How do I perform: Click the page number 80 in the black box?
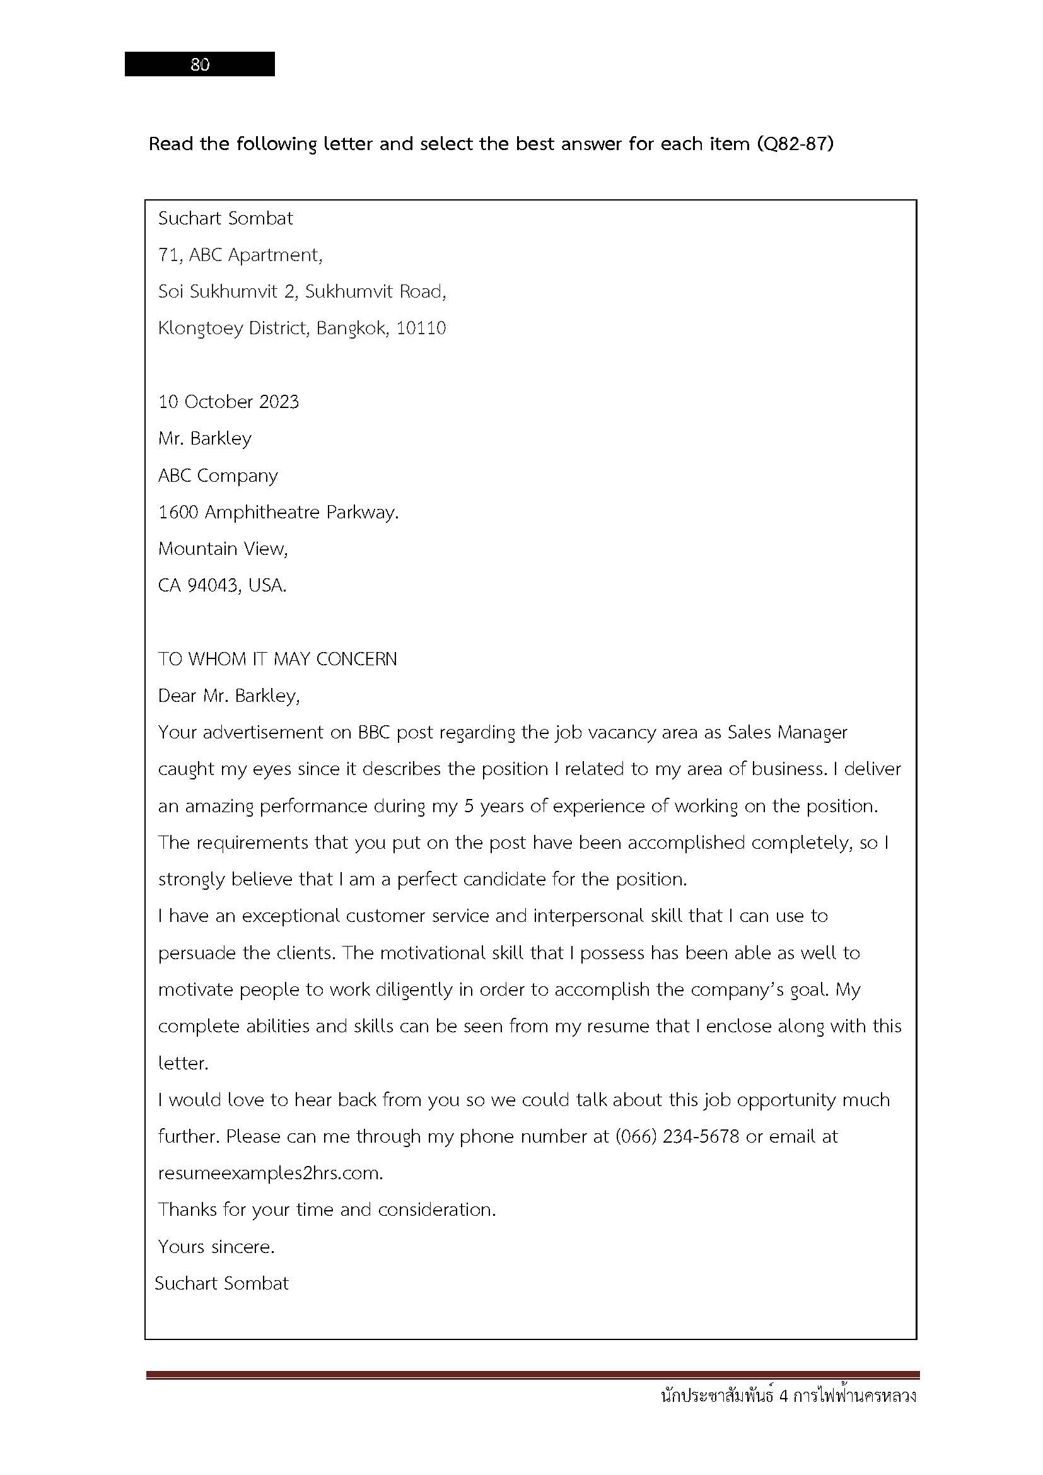pyautogui.click(x=200, y=64)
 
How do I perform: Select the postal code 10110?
pyautogui.click(x=421, y=329)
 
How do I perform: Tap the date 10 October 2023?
pyautogui.click(x=229, y=402)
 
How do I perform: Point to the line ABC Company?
pyautogui.click(x=218, y=475)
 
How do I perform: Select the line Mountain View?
pyautogui.click(x=223, y=549)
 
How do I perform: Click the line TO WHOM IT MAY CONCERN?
pyautogui.click(x=277, y=659)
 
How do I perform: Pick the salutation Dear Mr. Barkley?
pyautogui.click(x=229, y=696)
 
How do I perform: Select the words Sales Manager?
pyautogui.click(x=787, y=732)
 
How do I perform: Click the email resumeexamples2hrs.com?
pyautogui.click(x=271, y=1173)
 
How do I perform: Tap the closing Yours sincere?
pyautogui.click(x=216, y=1247)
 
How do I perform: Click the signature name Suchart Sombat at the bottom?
pyautogui.click(x=221, y=1283)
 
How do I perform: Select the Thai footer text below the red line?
pyautogui.click(x=788, y=1396)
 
